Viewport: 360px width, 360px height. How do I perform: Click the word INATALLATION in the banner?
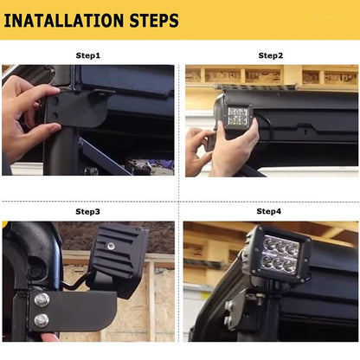click(64, 21)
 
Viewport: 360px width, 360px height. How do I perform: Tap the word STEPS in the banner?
click(154, 21)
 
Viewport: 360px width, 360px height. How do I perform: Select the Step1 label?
click(88, 55)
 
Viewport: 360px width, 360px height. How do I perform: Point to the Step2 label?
click(271, 55)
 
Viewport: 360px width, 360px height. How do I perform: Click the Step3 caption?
click(87, 211)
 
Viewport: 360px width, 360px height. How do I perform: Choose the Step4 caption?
click(269, 211)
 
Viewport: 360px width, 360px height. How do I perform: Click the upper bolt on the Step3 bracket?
click(42, 299)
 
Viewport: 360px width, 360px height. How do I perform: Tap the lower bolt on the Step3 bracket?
click(42, 320)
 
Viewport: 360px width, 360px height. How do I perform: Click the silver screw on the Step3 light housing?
click(110, 246)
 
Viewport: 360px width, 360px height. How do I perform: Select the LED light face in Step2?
click(238, 116)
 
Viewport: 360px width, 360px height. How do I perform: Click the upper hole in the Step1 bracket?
click(56, 100)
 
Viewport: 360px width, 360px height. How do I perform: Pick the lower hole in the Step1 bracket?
click(55, 116)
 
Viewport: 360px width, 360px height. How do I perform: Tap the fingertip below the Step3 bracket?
click(49, 337)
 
